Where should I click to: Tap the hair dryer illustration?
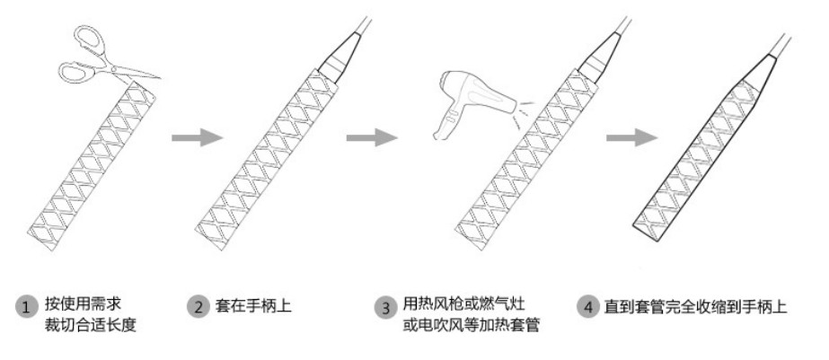tap(473, 103)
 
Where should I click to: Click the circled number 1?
tap(26, 307)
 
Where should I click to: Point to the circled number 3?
tap(386, 307)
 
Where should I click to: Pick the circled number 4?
tap(588, 307)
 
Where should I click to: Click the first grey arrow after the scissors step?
tap(198, 138)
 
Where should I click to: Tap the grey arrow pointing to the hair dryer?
tap(372, 138)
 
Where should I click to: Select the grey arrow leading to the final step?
tap(631, 138)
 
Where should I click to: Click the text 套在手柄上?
tap(253, 305)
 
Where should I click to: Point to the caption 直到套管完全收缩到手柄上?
tap(696, 306)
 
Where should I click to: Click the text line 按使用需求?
tap(83, 303)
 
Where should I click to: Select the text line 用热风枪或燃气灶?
tap(463, 303)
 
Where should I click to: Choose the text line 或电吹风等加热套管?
tap(471, 325)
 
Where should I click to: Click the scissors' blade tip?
tap(160, 77)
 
